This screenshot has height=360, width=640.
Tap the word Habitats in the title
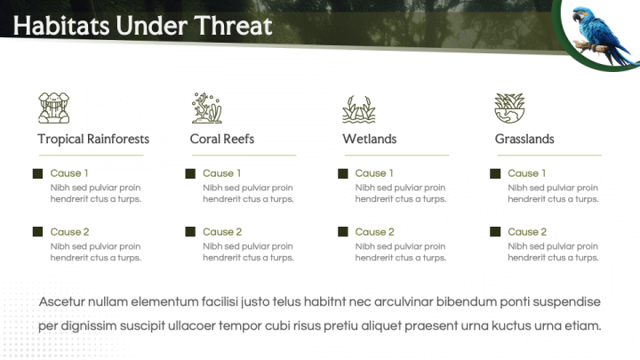pos(61,26)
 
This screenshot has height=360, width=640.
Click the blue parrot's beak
pos(576,16)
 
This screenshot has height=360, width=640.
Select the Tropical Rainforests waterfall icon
pos(54,108)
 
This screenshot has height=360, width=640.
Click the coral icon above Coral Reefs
pos(207,108)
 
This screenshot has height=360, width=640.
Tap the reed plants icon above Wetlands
pos(359,109)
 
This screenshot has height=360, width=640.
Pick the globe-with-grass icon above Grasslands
pos(509,108)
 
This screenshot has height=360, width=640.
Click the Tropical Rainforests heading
pos(93,140)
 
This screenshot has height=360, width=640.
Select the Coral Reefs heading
pos(222,140)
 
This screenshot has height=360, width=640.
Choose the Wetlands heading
pos(370,140)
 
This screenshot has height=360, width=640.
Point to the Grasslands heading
pos(524,140)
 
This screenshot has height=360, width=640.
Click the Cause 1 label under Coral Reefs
pos(221,173)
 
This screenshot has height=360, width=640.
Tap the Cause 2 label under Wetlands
pos(375,232)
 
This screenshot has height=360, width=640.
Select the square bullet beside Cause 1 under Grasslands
pos(495,173)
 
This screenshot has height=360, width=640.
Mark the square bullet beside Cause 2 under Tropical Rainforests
pos(37,232)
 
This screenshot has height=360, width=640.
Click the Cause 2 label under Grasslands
pos(527,232)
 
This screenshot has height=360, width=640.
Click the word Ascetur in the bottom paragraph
pos(61,301)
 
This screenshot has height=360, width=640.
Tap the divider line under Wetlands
pos(396,155)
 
